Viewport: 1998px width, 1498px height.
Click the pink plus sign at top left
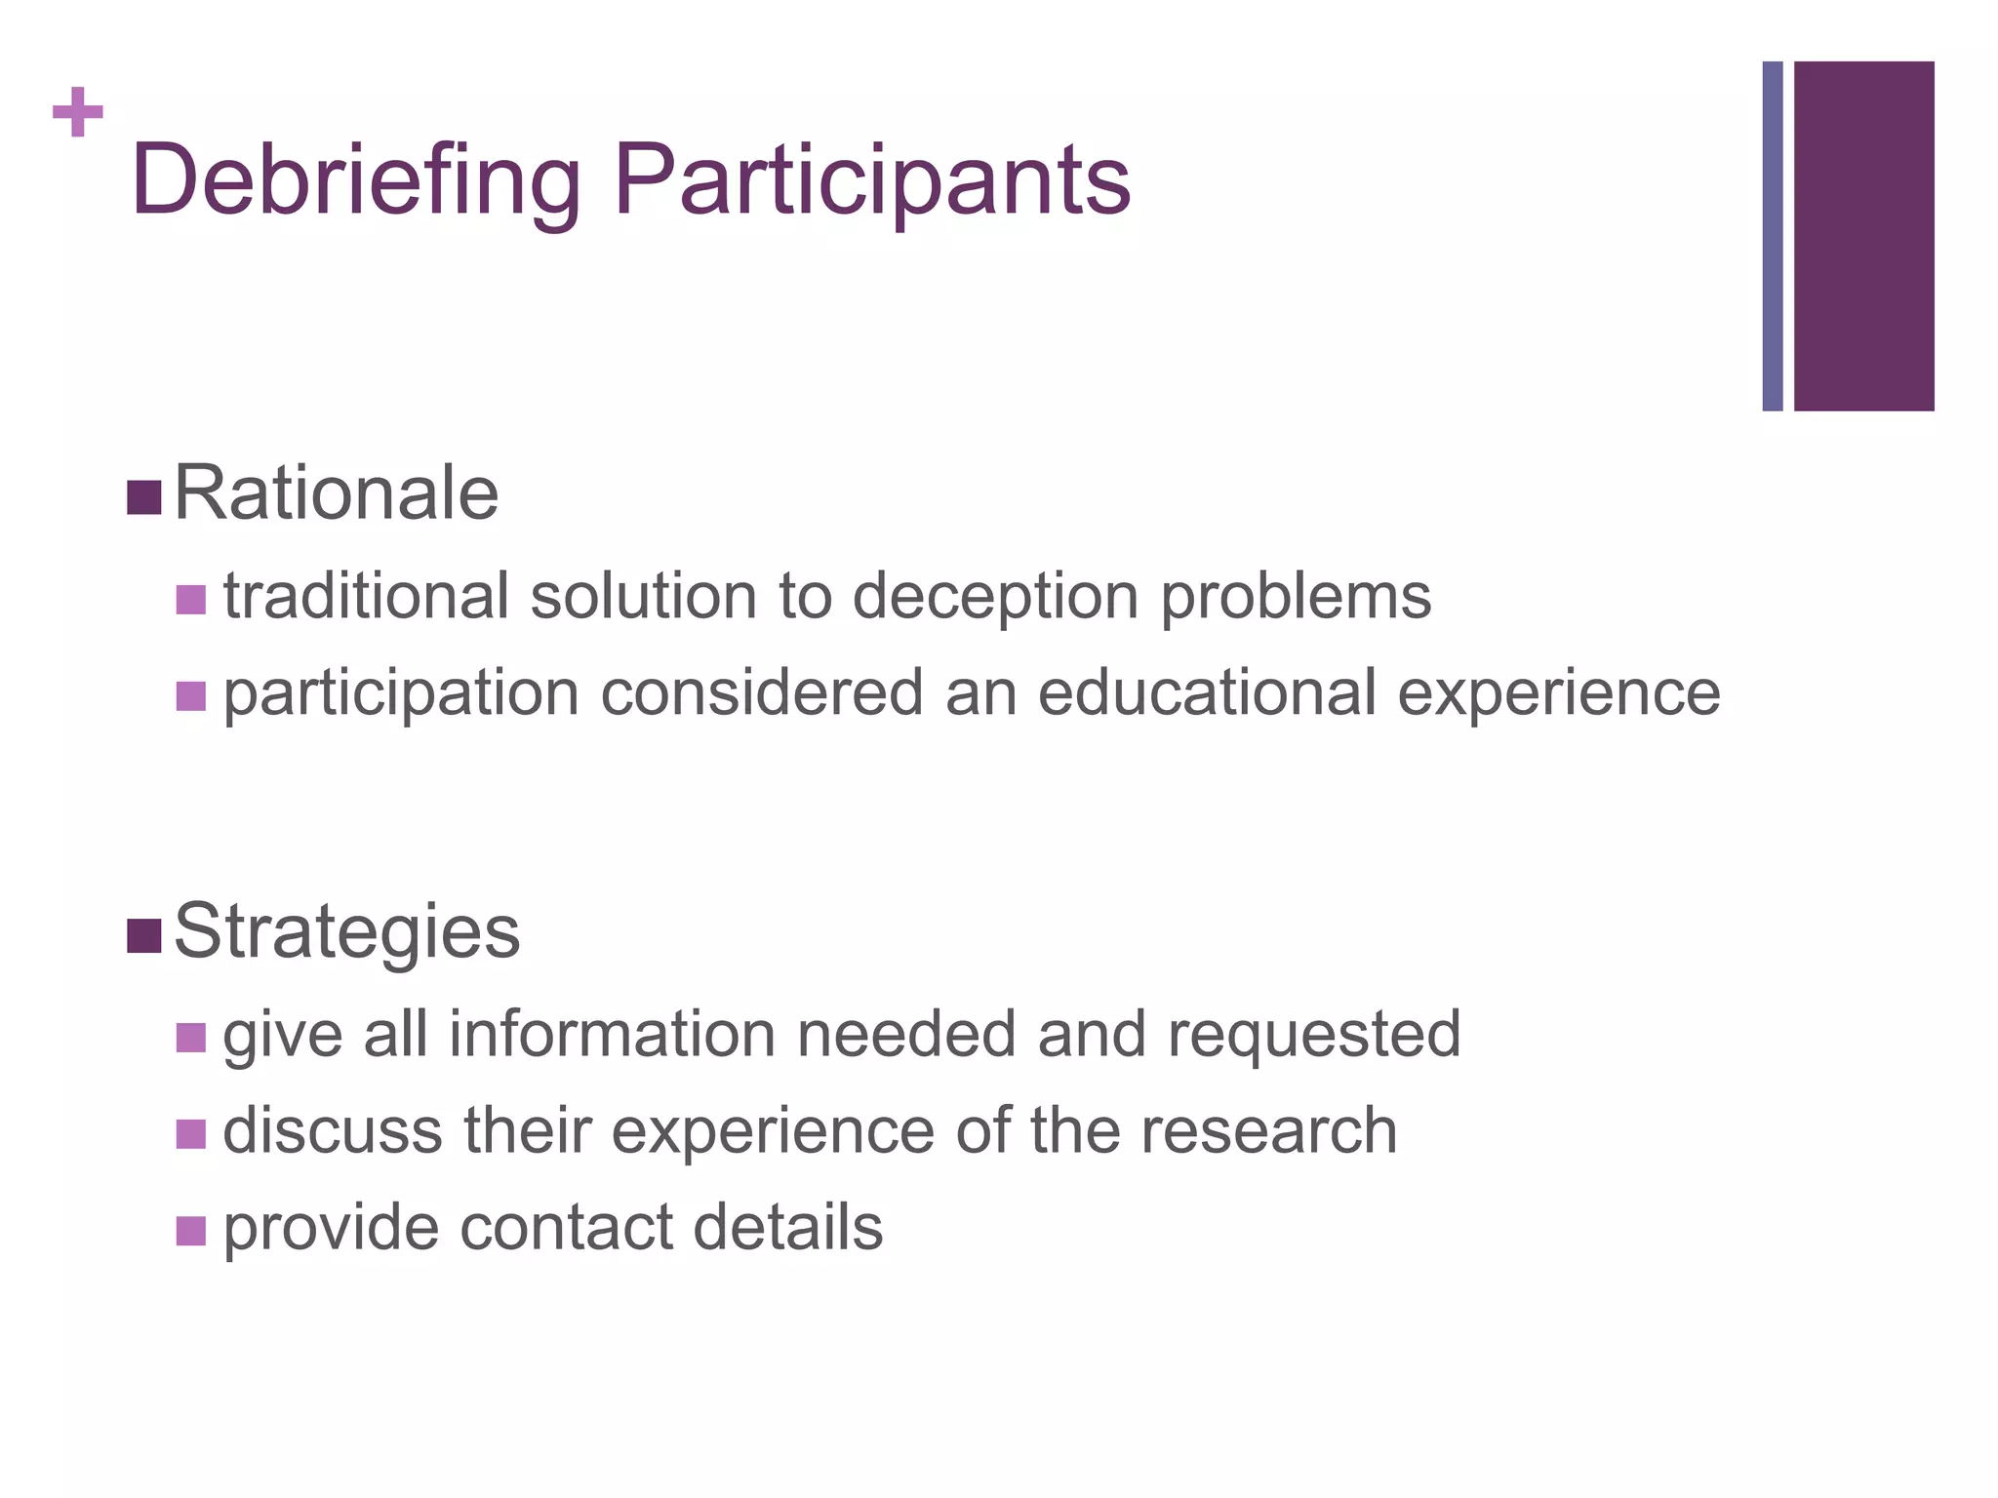(78, 113)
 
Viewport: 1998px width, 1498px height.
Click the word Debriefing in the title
(355, 181)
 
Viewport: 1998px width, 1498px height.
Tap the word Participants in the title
(872, 181)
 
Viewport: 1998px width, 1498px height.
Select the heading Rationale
(336, 494)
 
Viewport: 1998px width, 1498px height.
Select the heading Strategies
(346, 931)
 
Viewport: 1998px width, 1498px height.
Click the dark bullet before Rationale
(143, 498)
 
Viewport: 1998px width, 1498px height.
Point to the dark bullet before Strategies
(143, 936)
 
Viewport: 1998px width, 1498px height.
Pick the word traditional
(366, 596)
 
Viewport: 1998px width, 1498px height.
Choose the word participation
(401, 694)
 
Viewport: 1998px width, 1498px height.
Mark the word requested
(1314, 1036)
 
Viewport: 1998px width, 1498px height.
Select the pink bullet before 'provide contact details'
(191, 1231)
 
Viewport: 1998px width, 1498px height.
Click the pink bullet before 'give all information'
(191, 1038)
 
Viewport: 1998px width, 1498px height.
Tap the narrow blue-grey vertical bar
(1773, 236)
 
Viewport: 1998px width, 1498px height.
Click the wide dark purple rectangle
(1863, 236)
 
